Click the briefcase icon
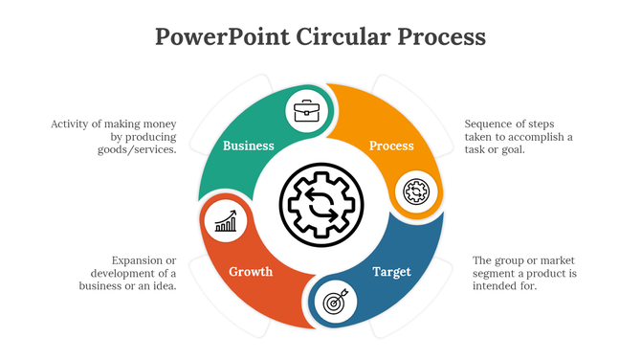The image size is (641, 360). click(x=307, y=112)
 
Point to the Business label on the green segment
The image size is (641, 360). click(x=249, y=146)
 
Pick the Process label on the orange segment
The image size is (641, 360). click(x=392, y=146)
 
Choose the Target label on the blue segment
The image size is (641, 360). click(x=391, y=272)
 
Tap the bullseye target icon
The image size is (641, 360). click(x=335, y=303)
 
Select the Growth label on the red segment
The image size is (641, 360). click(x=251, y=272)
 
